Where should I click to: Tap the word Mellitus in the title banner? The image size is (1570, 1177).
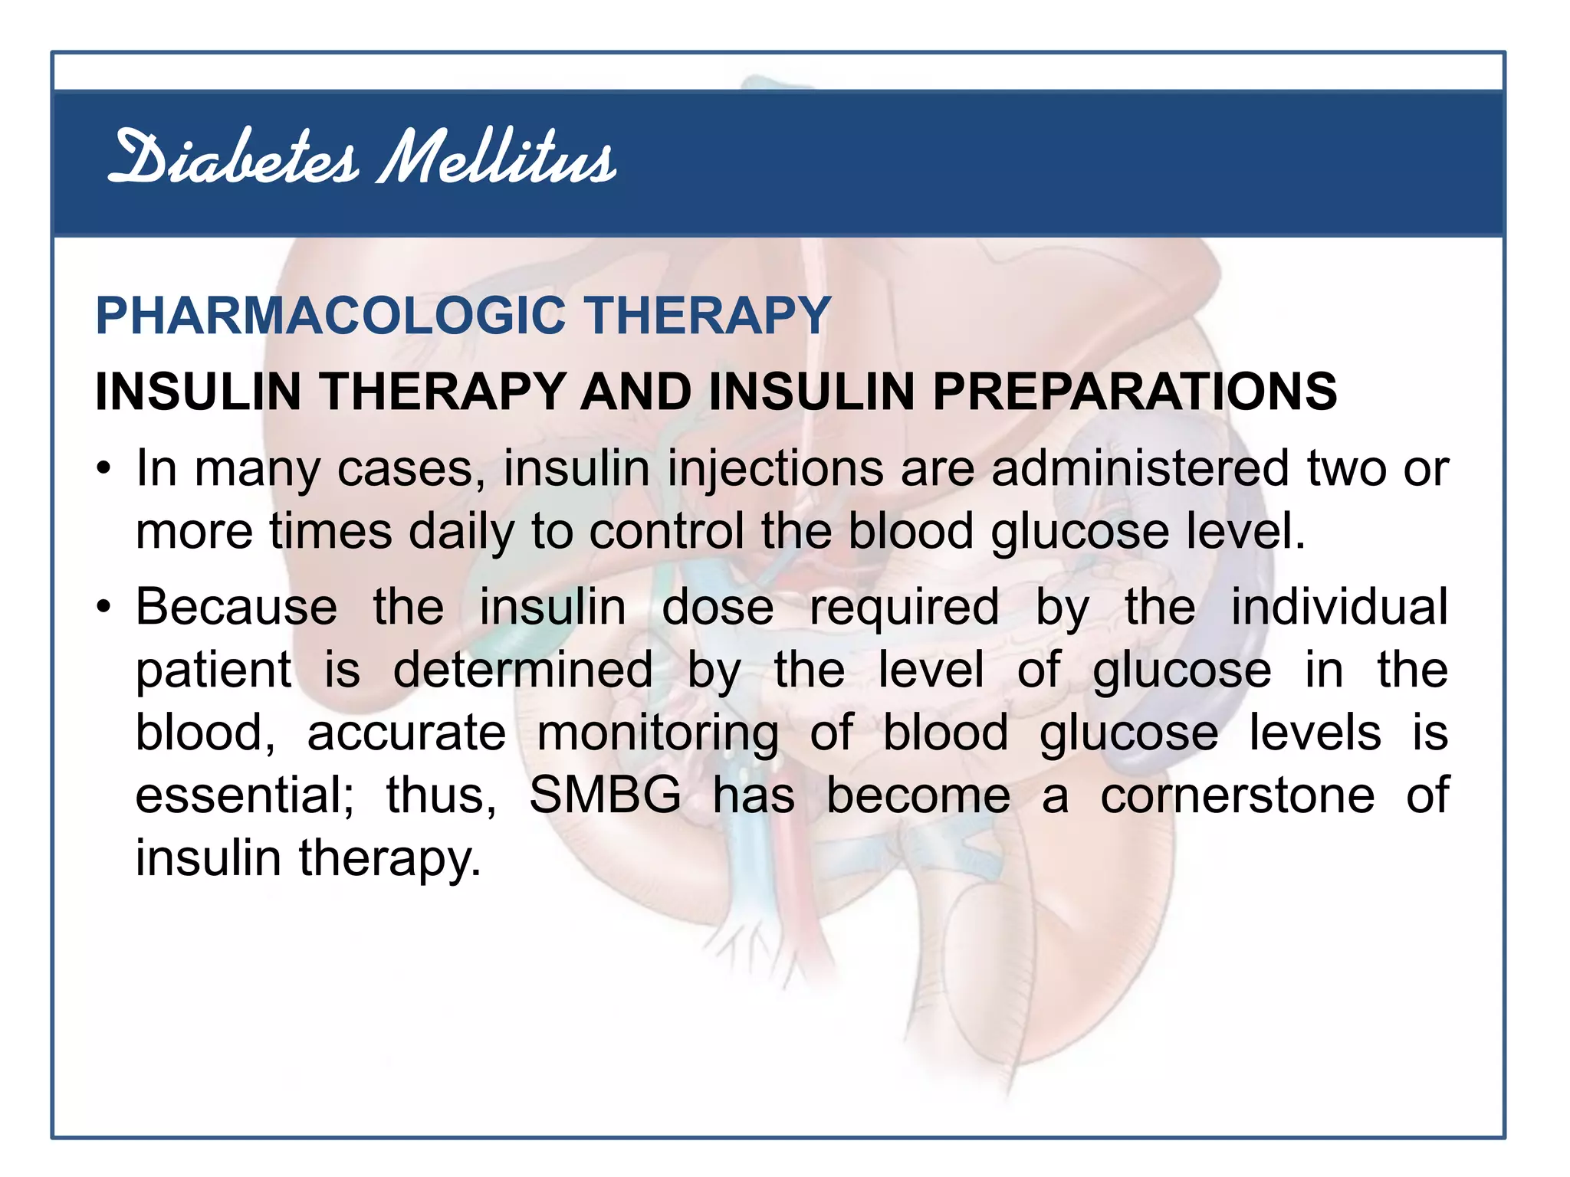point(497,159)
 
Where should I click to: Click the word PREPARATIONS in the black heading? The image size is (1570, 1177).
point(1135,392)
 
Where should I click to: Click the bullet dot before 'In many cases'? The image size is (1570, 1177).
point(105,469)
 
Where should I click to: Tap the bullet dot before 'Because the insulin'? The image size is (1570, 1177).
point(105,608)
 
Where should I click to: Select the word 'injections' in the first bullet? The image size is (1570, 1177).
point(775,469)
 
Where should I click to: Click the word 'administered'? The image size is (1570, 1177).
point(1140,469)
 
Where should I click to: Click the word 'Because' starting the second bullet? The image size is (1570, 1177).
point(236,608)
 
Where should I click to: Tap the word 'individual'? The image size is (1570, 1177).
point(1339,608)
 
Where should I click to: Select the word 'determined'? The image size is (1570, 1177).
point(523,670)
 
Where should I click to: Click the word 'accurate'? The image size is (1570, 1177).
point(406,733)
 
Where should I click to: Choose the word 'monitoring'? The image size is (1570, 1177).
point(658,733)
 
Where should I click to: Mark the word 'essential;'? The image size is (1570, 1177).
point(245,795)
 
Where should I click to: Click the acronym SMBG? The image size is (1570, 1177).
point(605,795)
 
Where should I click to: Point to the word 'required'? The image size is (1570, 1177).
point(905,608)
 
